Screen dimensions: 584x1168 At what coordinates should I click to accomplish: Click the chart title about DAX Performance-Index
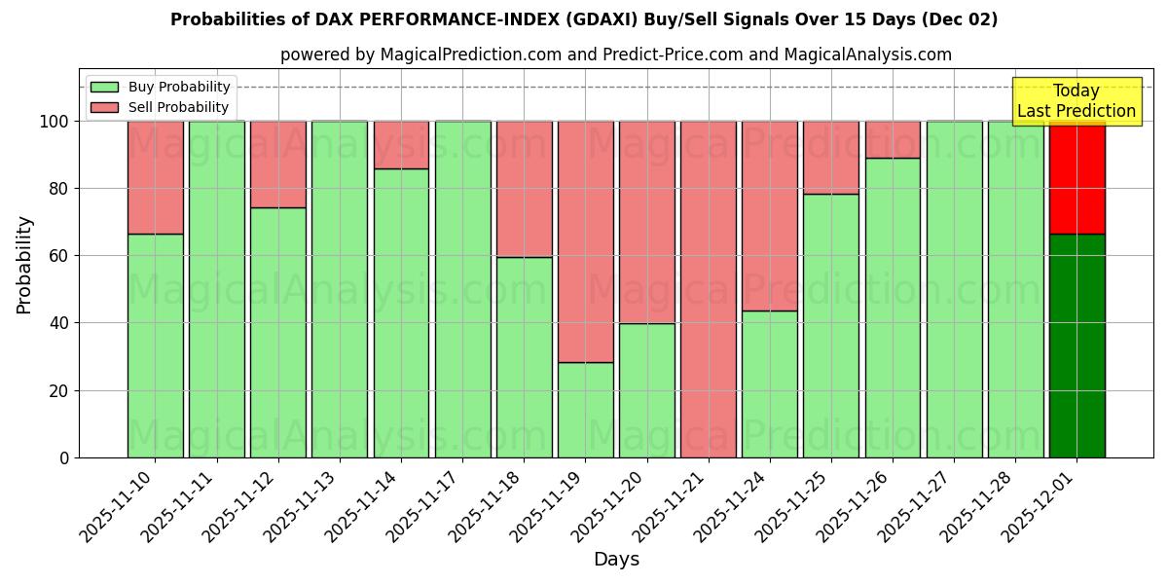click(x=584, y=19)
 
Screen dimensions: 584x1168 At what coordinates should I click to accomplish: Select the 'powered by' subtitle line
click(x=615, y=55)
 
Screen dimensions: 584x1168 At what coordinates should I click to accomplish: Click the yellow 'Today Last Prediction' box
click(x=1076, y=101)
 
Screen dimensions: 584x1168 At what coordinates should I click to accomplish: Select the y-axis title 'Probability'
click(x=24, y=265)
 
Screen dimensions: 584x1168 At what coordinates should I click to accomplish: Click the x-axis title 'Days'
click(x=616, y=560)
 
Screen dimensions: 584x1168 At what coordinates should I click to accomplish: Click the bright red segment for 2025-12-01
click(x=1077, y=178)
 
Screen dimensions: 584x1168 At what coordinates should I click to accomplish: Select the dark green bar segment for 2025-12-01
click(x=1077, y=346)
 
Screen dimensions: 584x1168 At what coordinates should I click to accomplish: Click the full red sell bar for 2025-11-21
click(x=709, y=289)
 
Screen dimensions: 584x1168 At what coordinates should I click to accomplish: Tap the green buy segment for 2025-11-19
click(x=585, y=410)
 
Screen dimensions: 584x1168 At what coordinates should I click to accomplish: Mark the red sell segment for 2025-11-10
click(x=155, y=177)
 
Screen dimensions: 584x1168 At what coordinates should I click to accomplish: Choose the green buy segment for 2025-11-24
click(x=769, y=384)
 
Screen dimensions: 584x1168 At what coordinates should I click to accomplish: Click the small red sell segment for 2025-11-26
click(x=893, y=139)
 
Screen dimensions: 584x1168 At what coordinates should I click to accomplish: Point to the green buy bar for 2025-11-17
click(x=462, y=289)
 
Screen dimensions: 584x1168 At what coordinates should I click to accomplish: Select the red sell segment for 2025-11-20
click(x=646, y=222)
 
